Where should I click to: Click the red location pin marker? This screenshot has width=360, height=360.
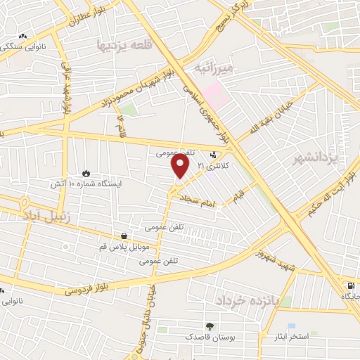tap(181, 167)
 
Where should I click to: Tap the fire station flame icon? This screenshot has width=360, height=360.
tap(86, 172)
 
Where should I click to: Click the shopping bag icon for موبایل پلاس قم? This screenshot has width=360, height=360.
tap(124, 236)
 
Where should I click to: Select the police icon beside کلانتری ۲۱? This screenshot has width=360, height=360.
tap(214, 155)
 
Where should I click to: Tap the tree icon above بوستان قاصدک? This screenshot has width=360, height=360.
tap(209, 326)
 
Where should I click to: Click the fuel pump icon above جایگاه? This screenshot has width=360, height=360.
tap(350, 285)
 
